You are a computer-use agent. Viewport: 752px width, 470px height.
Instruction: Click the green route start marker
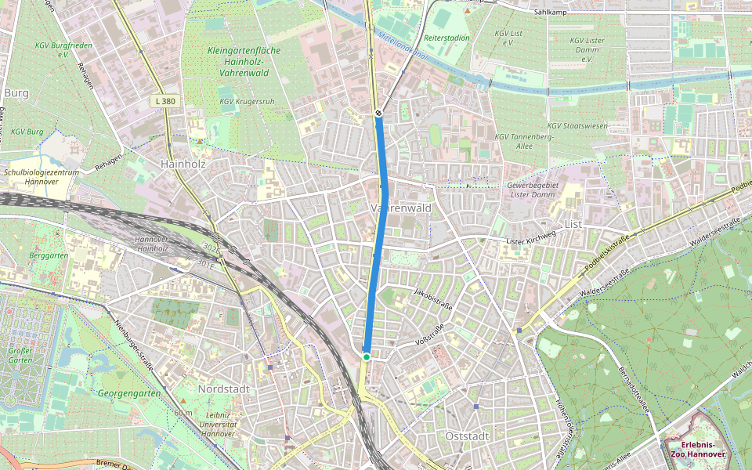click(366, 357)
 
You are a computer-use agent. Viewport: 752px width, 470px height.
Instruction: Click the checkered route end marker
click(378, 114)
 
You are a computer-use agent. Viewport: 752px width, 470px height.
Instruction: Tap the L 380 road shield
click(164, 102)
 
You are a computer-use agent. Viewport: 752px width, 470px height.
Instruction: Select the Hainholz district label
click(182, 164)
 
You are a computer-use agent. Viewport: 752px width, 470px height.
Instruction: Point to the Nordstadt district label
click(223, 389)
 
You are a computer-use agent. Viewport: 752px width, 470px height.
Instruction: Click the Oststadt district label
click(467, 436)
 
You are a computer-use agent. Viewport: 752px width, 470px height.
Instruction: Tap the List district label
click(574, 224)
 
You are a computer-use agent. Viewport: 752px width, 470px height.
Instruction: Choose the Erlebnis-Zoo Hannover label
click(698, 449)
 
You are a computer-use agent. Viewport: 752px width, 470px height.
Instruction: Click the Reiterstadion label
click(446, 38)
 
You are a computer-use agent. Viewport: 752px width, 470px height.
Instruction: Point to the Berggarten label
click(49, 255)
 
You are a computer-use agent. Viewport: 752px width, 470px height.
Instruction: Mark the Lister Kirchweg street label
click(531, 236)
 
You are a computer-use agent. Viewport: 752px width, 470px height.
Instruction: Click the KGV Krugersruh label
click(247, 100)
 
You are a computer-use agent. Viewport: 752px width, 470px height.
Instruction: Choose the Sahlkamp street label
click(549, 13)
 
